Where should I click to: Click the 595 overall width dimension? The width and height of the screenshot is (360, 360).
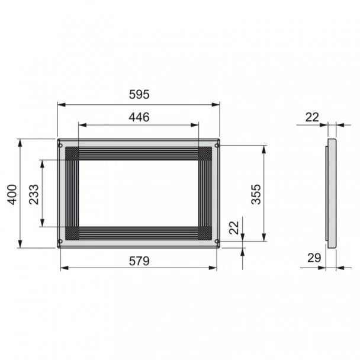[139, 94]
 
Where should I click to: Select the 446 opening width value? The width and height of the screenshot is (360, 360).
[139, 117]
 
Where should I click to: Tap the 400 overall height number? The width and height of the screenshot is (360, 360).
[12, 194]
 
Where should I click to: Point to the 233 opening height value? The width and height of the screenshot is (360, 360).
[34, 194]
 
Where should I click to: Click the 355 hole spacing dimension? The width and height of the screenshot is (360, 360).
[256, 194]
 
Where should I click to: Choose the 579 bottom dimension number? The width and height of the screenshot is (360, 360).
[139, 261]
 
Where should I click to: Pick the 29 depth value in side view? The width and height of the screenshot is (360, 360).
[314, 258]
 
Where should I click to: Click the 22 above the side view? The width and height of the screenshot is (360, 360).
[312, 117]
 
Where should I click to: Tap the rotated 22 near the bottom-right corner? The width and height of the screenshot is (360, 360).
[234, 227]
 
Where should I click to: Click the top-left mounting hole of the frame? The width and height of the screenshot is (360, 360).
[60, 145]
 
